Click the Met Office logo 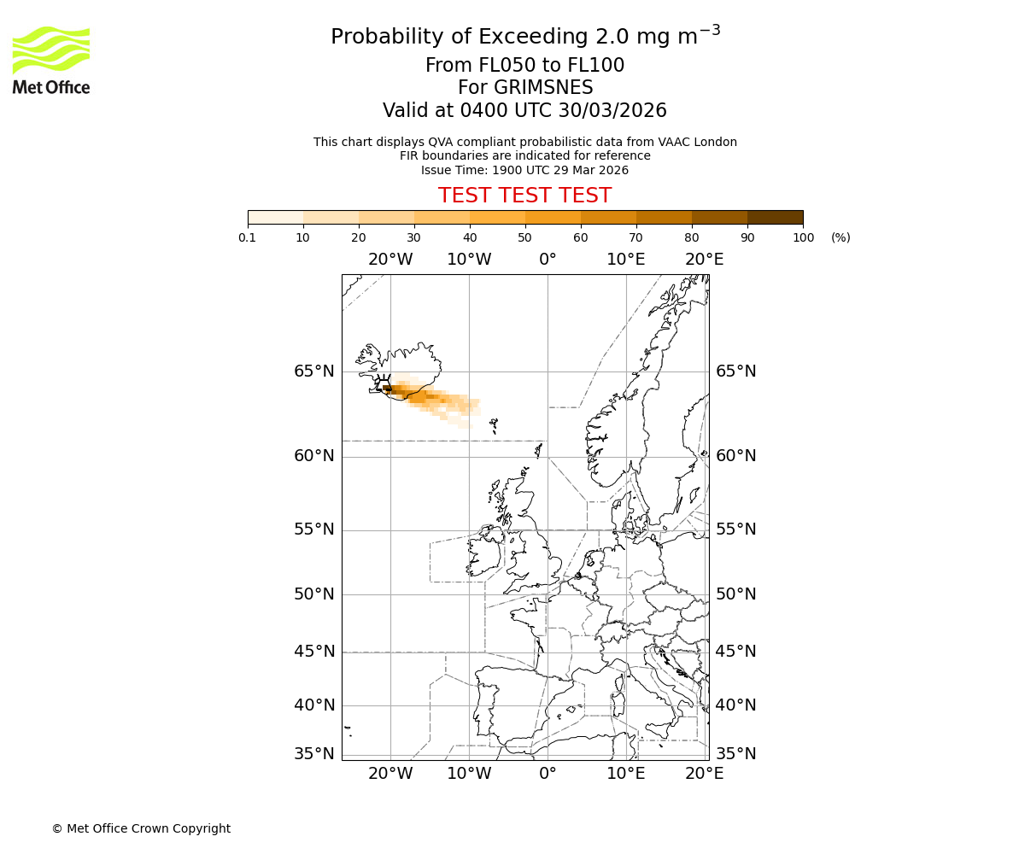pyautogui.click(x=51, y=60)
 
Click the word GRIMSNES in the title pyautogui.click(x=525, y=88)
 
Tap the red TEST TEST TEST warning pyautogui.click(x=524, y=196)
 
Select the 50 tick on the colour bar pyautogui.click(x=524, y=237)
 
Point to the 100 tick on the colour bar pyautogui.click(x=803, y=237)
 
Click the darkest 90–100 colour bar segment pyautogui.click(x=775, y=217)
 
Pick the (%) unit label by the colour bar pyautogui.click(x=840, y=237)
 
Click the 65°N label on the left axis pyautogui.click(x=314, y=371)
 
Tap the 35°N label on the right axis pyautogui.click(x=735, y=754)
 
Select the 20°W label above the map pyautogui.click(x=390, y=260)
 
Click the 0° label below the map pyautogui.click(x=548, y=774)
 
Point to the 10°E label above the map pyautogui.click(x=626, y=260)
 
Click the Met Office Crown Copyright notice pyautogui.click(x=141, y=828)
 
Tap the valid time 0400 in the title pyautogui.click(x=483, y=111)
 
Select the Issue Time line pyautogui.click(x=524, y=170)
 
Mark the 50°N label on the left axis pyautogui.click(x=314, y=594)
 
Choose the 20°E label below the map pyautogui.click(x=704, y=774)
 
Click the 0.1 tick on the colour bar pyautogui.click(x=248, y=237)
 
